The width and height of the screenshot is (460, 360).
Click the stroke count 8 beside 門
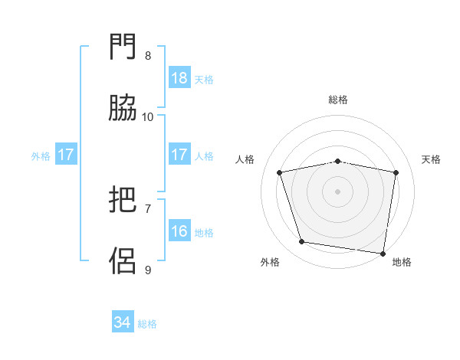click(148, 56)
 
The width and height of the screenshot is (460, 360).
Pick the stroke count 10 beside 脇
click(148, 117)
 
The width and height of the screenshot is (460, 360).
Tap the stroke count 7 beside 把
click(148, 208)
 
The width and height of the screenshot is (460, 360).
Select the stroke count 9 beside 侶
click(148, 270)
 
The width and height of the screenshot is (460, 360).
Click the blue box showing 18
click(179, 78)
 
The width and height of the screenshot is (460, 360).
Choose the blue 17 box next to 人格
click(179, 155)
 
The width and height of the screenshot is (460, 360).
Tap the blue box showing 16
click(179, 231)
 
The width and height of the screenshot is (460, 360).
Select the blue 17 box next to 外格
click(66, 155)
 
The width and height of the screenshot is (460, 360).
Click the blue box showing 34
click(123, 322)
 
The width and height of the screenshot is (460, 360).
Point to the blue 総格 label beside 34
click(147, 324)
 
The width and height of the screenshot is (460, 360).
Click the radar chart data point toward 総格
click(338, 161)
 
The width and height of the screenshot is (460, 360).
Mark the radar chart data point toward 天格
click(396, 172)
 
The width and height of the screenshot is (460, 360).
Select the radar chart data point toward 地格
click(383, 253)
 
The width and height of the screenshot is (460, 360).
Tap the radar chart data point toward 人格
click(280, 172)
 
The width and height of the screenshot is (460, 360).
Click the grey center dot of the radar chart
click(338, 191)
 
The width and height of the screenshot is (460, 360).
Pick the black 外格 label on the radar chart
click(270, 262)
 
